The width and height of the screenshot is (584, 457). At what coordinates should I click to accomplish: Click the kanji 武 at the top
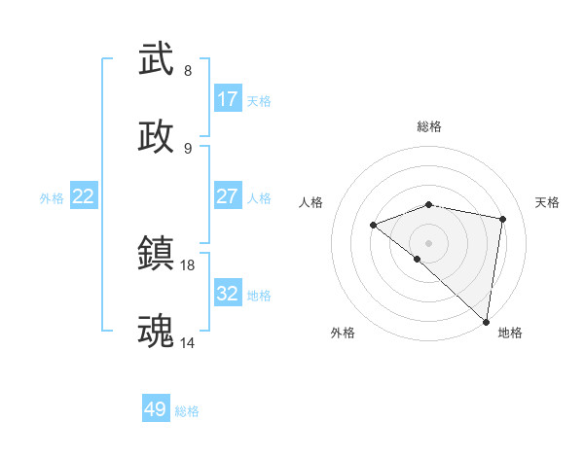[157, 60]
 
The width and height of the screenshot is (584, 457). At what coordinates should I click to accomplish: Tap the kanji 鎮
[157, 255]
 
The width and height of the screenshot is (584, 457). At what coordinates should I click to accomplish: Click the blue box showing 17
[228, 99]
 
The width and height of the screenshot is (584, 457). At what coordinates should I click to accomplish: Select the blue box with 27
[228, 196]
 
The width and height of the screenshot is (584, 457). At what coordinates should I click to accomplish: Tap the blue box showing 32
[228, 294]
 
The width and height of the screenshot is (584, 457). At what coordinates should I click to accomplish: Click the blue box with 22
[84, 196]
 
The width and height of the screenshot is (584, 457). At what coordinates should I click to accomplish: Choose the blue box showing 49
[156, 409]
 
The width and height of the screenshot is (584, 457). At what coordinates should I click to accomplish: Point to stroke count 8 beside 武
[188, 71]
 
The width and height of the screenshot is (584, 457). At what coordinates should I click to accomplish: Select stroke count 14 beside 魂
[188, 342]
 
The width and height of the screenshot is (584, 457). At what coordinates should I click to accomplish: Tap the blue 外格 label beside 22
[52, 198]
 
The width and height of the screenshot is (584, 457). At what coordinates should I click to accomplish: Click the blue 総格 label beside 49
[187, 411]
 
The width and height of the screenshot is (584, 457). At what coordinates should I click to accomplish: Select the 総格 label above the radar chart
[429, 127]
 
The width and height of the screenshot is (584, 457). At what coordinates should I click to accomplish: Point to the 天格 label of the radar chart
[548, 202]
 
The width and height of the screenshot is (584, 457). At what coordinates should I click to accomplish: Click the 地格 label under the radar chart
[510, 333]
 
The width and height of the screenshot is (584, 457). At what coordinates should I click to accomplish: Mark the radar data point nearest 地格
[487, 321]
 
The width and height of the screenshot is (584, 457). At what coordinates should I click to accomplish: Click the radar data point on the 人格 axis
[374, 226]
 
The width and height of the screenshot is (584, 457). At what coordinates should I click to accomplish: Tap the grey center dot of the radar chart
[429, 242]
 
